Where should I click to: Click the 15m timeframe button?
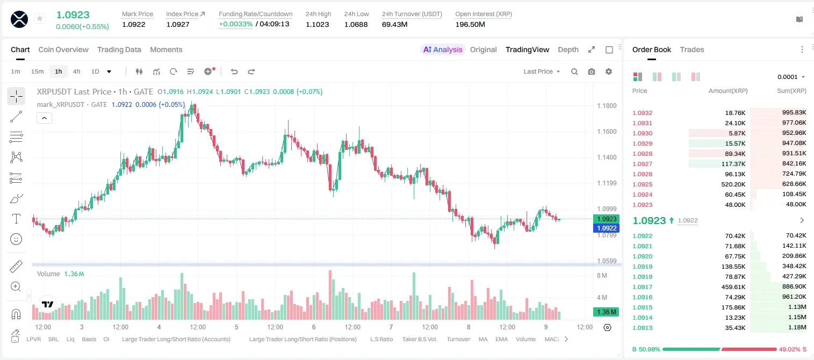37,71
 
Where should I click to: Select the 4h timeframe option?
76,71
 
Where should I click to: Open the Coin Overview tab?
63,49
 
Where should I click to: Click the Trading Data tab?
119,49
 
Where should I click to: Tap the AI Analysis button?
443,49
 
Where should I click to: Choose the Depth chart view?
568,49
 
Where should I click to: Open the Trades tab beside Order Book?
691,49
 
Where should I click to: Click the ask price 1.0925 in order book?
642,184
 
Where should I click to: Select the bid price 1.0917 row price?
642,287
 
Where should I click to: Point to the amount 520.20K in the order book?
733,184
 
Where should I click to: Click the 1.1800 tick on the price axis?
607,106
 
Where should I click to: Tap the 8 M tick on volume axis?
602,275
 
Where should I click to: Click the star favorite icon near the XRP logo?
40,18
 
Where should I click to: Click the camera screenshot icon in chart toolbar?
591,71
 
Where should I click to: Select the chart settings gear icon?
608,71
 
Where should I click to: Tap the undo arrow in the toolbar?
234,71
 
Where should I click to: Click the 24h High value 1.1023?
317,24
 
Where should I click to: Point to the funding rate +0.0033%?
235,24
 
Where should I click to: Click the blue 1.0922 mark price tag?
606,228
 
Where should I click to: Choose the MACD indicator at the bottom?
552,339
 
